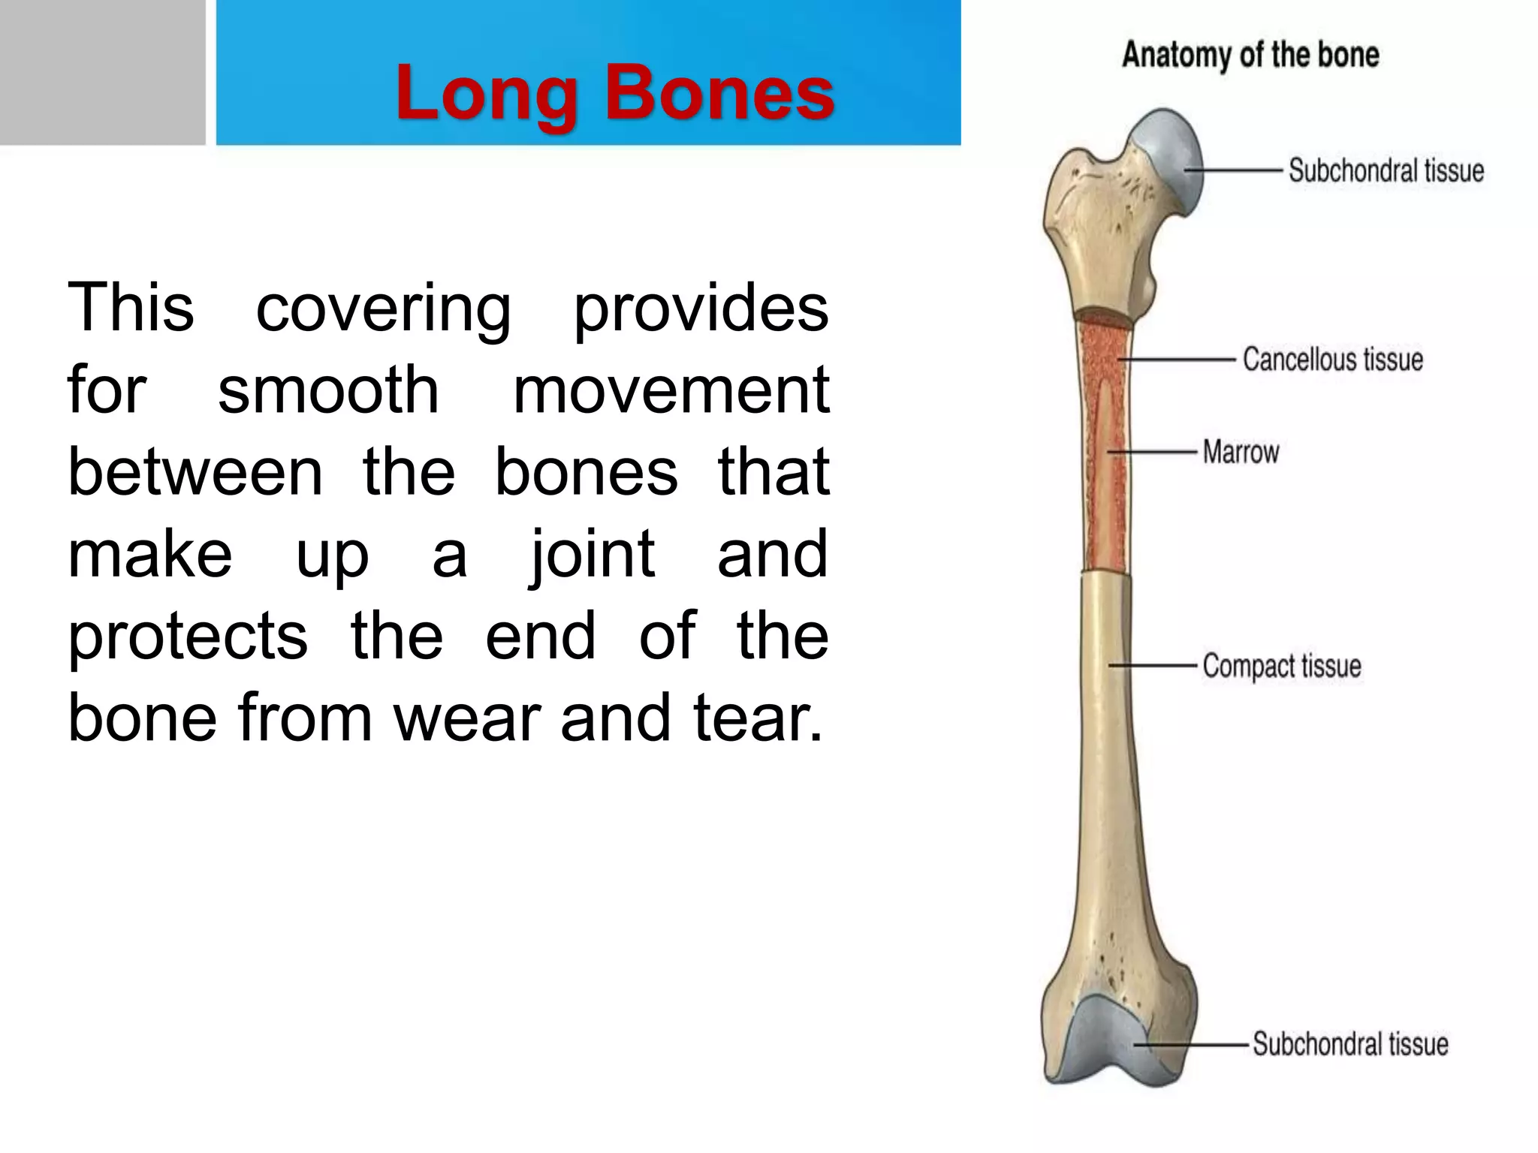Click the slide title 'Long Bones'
pos(614,93)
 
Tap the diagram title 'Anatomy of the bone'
pos(1250,55)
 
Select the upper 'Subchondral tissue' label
pos(1386,170)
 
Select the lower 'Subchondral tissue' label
pos(1350,1044)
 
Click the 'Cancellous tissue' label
pos(1332,360)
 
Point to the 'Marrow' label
pos(1241,453)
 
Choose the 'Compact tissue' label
pos(1281,666)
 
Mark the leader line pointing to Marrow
pos(1153,452)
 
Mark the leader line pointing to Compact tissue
pos(1153,665)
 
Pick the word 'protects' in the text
pos(188,636)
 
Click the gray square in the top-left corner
pos(102,72)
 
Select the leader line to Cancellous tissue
pos(1175,360)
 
